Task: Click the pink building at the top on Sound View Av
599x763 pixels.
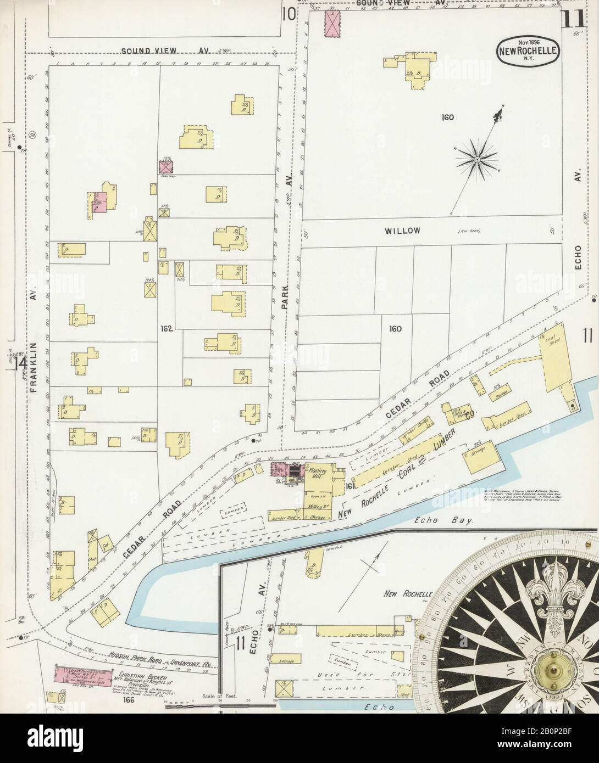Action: (332, 23)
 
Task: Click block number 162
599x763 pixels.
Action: (167, 329)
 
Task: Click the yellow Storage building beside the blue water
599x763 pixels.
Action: (479, 460)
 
